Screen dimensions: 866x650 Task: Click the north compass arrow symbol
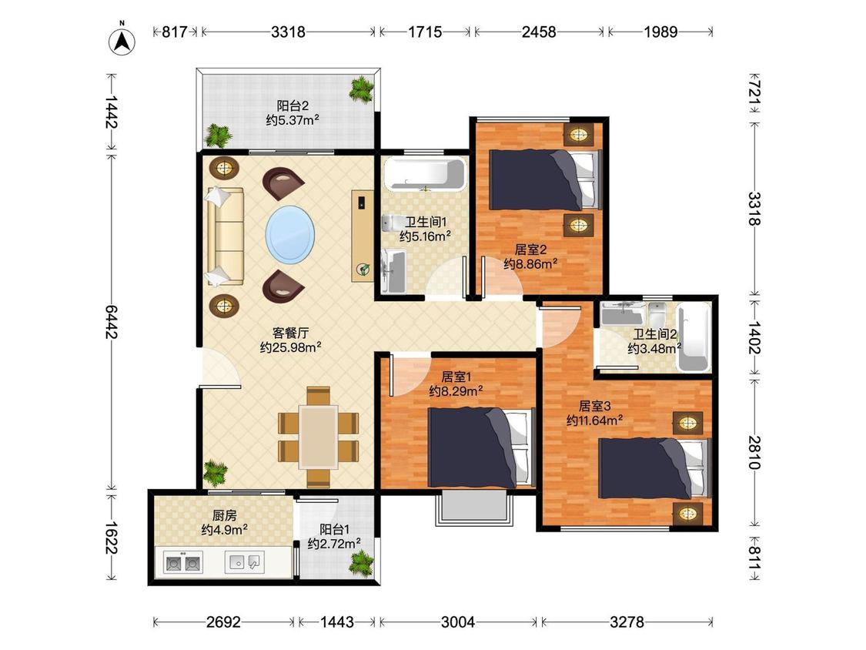[122, 40]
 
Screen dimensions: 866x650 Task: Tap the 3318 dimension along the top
[288, 32]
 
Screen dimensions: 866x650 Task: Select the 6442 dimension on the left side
[112, 322]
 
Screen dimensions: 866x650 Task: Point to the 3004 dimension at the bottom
[458, 622]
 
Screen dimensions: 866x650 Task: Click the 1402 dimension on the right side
[754, 337]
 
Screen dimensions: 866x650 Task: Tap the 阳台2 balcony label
[293, 105]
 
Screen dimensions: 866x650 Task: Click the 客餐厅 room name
[290, 333]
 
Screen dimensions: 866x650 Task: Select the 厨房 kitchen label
[224, 515]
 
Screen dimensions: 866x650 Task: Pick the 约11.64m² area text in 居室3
[595, 420]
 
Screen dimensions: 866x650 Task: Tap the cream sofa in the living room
[226, 236]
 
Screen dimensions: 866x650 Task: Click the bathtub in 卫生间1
[425, 174]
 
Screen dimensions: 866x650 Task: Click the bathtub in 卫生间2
[694, 337]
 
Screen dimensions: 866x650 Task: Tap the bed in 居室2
[545, 179]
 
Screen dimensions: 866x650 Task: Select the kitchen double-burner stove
[183, 563]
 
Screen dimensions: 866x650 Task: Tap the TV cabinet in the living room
[363, 236]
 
